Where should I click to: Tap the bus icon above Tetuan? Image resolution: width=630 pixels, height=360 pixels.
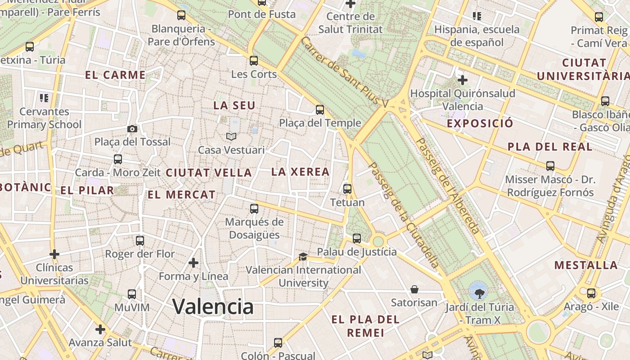point(347,189)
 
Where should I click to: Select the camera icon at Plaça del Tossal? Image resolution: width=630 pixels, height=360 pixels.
point(132,129)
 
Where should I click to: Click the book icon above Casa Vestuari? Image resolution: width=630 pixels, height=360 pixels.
point(231,136)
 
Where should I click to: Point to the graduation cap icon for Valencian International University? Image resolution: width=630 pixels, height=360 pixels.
point(303,257)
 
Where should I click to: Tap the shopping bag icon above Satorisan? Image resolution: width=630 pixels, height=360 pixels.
point(414,289)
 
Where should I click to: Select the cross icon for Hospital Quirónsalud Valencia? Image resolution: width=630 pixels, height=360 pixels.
point(462,81)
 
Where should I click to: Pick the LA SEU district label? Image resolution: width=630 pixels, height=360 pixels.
point(234,106)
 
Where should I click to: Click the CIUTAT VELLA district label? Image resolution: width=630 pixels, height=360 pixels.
point(209,173)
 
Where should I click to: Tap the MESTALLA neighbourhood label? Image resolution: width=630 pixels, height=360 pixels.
point(586,265)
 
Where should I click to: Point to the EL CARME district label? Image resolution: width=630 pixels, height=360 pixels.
point(116,75)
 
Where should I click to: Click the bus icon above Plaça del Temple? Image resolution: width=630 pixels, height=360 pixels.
point(320,110)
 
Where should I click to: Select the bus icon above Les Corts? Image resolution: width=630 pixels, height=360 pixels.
point(254,61)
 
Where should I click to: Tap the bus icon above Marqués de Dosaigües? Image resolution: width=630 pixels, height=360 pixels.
point(254,209)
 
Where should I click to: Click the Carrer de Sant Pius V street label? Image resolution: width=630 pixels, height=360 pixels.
point(344,72)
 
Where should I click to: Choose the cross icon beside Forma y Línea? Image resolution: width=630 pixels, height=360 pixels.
point(193,263)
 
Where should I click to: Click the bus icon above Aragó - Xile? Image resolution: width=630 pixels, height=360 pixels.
point(591,293)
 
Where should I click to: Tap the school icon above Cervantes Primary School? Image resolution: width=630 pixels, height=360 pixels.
point(44,98)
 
